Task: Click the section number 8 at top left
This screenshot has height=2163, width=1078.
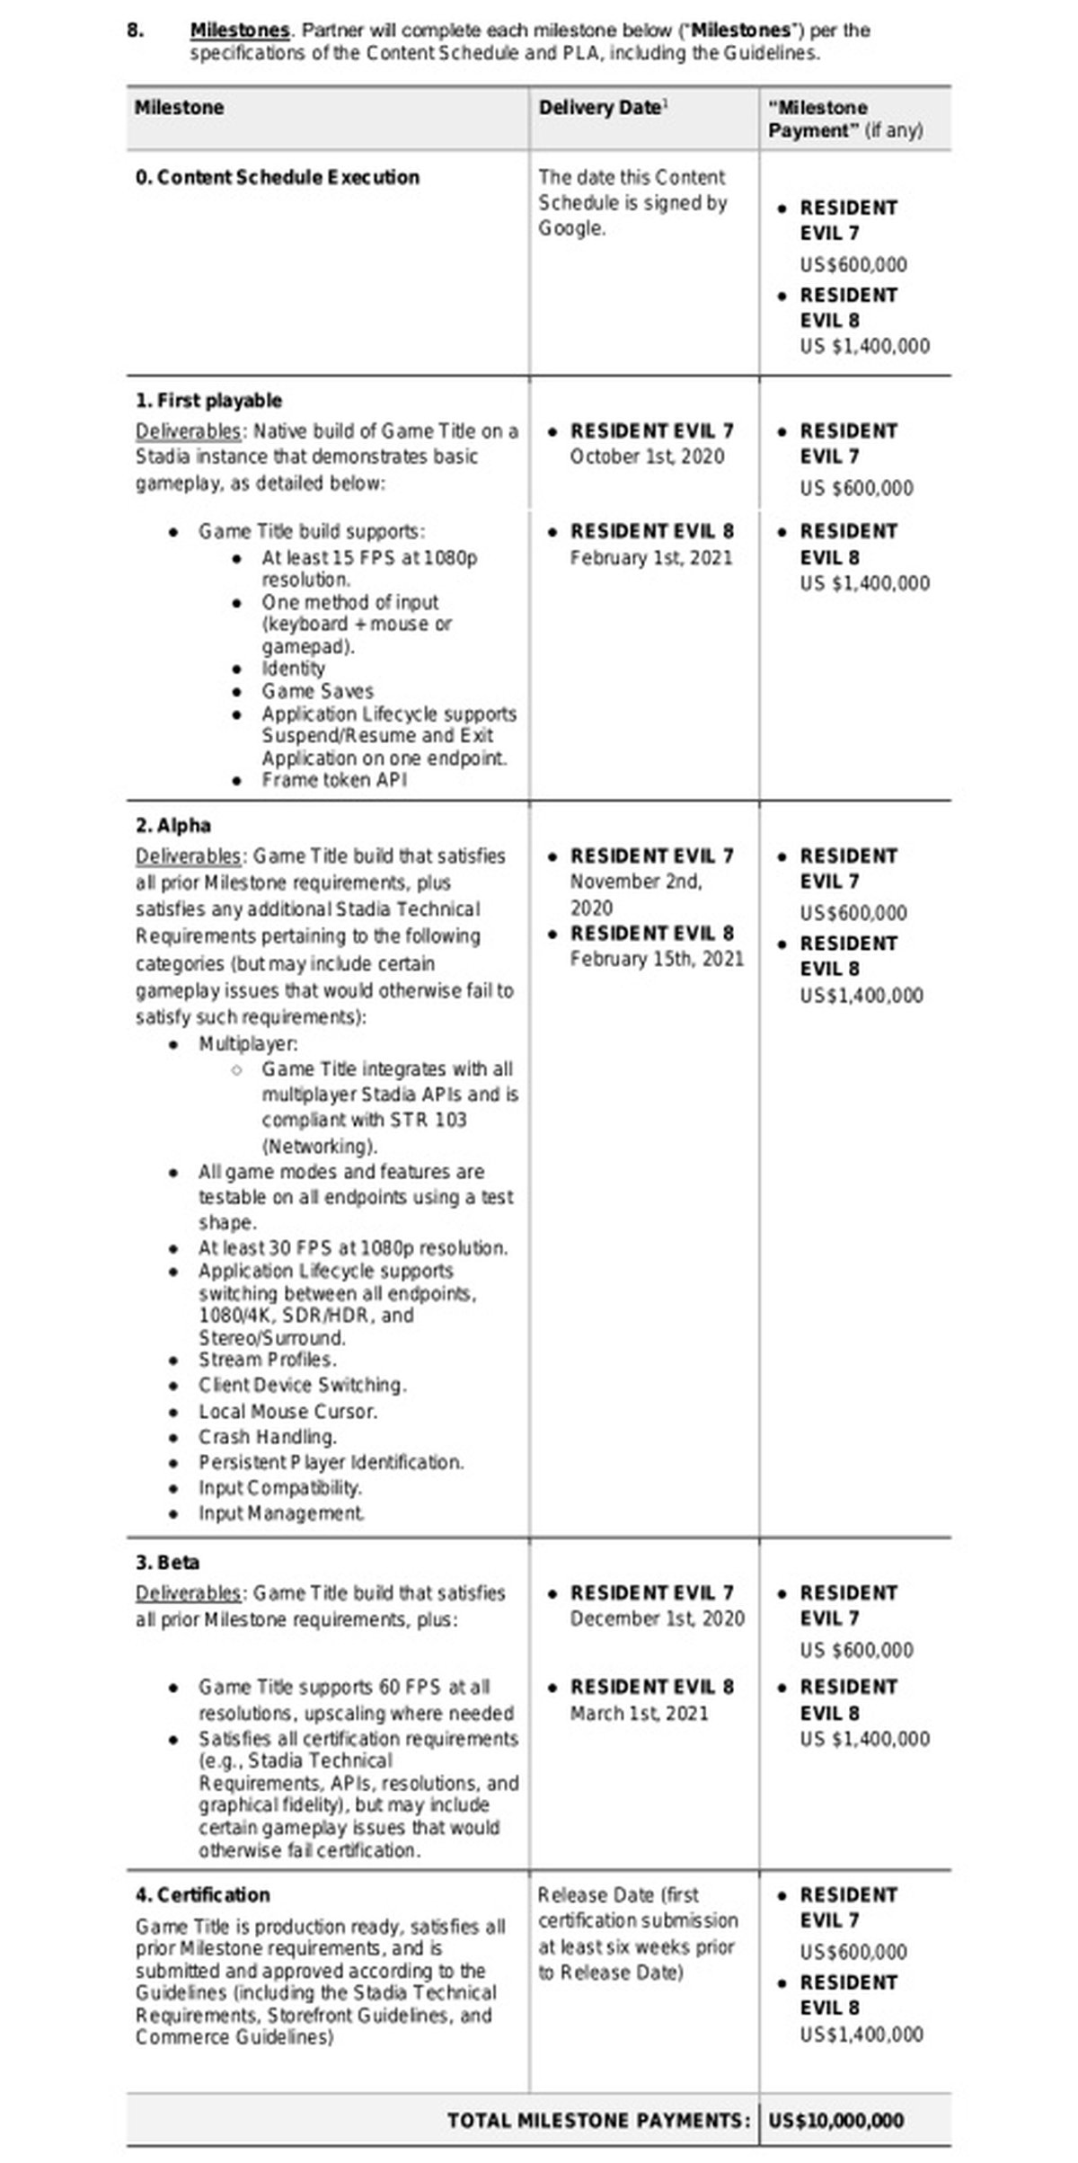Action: tap(135, 30)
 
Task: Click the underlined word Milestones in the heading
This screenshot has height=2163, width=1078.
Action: tap(240, 30)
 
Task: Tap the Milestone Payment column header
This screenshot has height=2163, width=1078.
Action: tap(844, 119)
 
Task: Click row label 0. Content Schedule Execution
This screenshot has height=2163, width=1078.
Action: tap(278, 177)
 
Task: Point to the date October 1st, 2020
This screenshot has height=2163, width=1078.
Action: tap(647, 457)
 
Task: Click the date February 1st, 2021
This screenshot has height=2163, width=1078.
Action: tap(651, 558)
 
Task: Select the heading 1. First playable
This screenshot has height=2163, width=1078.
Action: tap(208, 401)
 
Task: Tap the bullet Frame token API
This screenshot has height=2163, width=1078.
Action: tap(334, 780)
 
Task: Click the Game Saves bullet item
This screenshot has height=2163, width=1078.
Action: tap(317, 691)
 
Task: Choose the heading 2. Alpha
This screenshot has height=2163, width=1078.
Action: tap(173, 826)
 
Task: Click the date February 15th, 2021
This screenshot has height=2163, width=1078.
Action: tap(657, 959)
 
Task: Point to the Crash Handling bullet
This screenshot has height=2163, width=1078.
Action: tap(268, 1437)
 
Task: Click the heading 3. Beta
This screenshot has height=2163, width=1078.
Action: tap(167, 1563)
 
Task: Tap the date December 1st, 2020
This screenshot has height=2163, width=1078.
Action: tap(657, 1618)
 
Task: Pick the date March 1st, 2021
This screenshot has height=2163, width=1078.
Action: tap(639, 1714)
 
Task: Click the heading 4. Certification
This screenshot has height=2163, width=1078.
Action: tap(202, 1895)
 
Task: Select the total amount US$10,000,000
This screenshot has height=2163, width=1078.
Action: tap(836, 2121)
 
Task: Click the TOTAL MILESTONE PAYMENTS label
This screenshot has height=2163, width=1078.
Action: tap(598, 2121)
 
